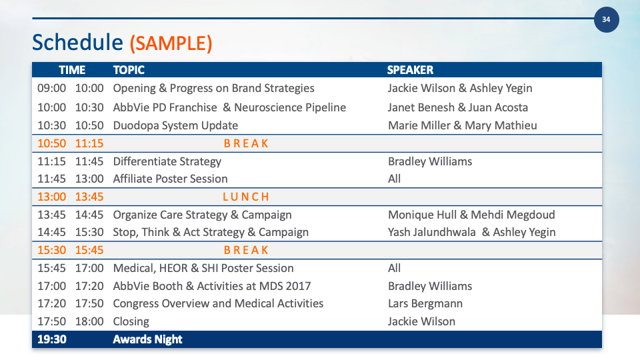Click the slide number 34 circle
pos(606,19)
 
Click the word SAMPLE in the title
pos(171,43)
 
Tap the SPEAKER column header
pos(410,70)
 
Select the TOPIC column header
pos(129,70)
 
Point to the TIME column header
pos(72,70)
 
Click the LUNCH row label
pos(246,197)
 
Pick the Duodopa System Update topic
pos(175,125)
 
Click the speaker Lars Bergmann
pos(425,304)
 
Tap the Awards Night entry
pos(147,339)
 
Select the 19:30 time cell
pos(52,339)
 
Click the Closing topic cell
pos(131,321)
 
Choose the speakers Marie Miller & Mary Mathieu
pos(463,125)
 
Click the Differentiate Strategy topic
pos(167,161)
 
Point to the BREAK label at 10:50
pos(246,144)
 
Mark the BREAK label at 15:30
pos(246,250)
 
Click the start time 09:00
pos(52,88)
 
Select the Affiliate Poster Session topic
pos(170,179)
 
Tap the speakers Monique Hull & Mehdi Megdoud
pos(471,215)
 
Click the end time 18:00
pos(89,321)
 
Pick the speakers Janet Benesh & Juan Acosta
pos(458,107)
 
